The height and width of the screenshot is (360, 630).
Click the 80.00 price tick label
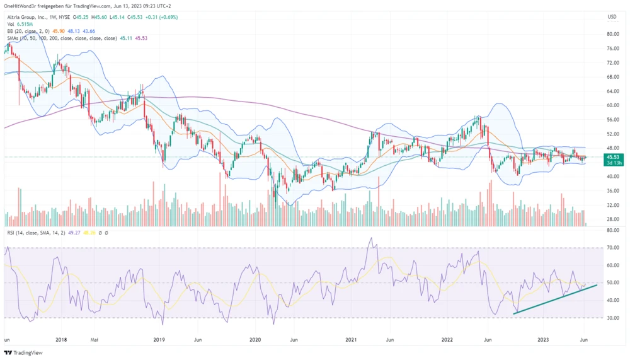tap(611, 34)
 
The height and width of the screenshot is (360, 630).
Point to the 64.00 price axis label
tap(611, 91)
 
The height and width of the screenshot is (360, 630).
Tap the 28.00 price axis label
tap(611, 219)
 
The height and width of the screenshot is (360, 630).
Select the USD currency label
tap(611, 16)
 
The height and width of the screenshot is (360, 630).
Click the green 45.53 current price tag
tap(612, 156)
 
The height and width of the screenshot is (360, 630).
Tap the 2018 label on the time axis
tap(62, 339)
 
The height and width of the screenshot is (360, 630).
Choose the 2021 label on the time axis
tap(351, 339)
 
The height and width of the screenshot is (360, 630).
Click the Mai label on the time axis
tap(95, 339)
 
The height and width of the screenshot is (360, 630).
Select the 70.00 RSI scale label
tap(611, 248)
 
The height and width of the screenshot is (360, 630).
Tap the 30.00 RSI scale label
tap(611, 318)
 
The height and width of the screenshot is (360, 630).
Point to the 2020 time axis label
tap(255, 339)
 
